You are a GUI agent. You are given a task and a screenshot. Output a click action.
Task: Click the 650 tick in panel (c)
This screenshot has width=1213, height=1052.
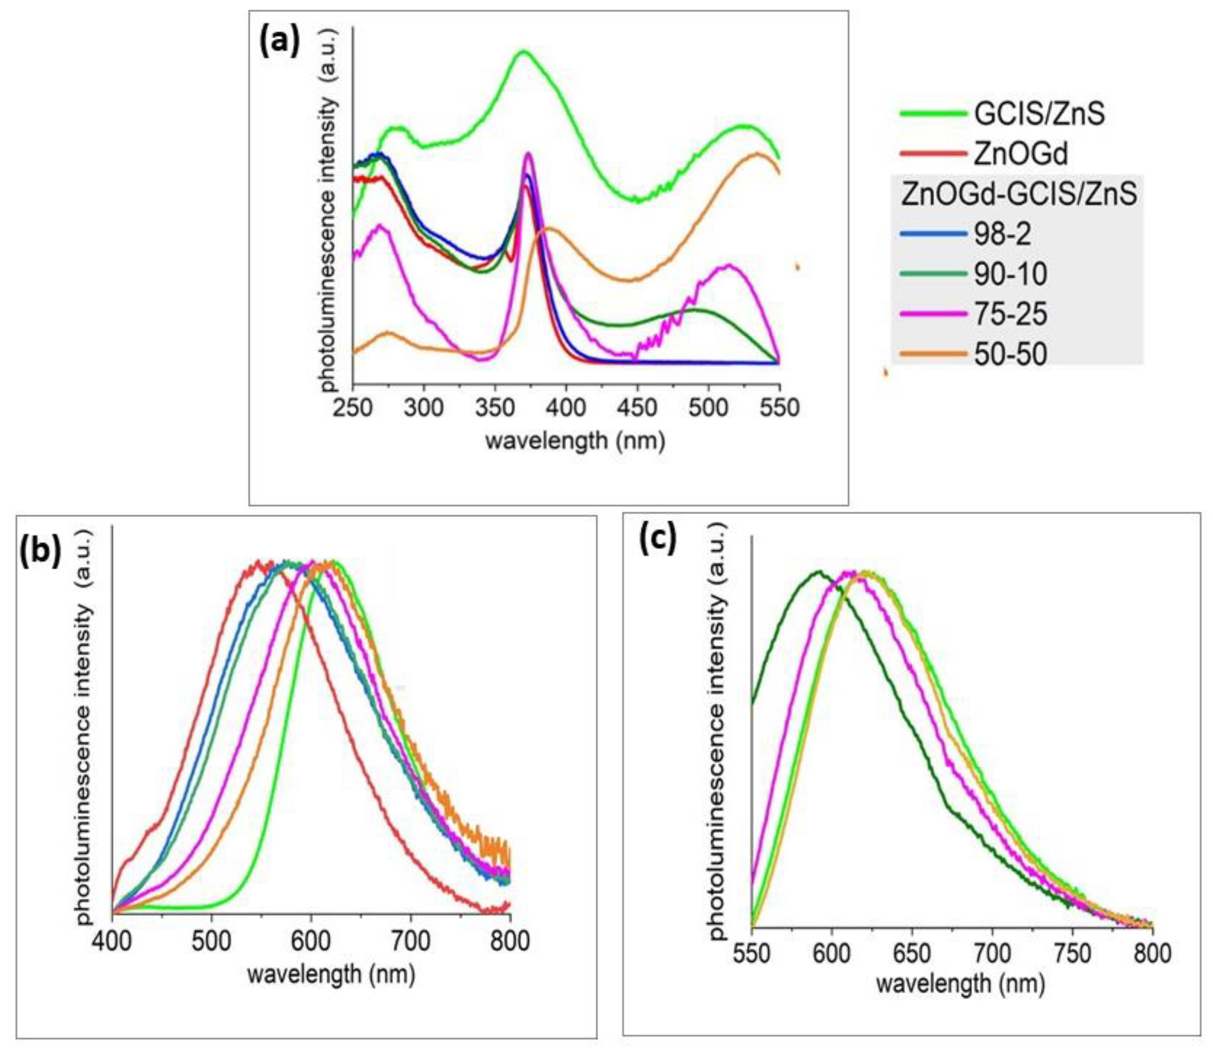tap(912, 954)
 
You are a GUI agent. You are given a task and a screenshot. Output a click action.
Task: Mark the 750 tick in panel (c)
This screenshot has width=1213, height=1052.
tap(1072, 954)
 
